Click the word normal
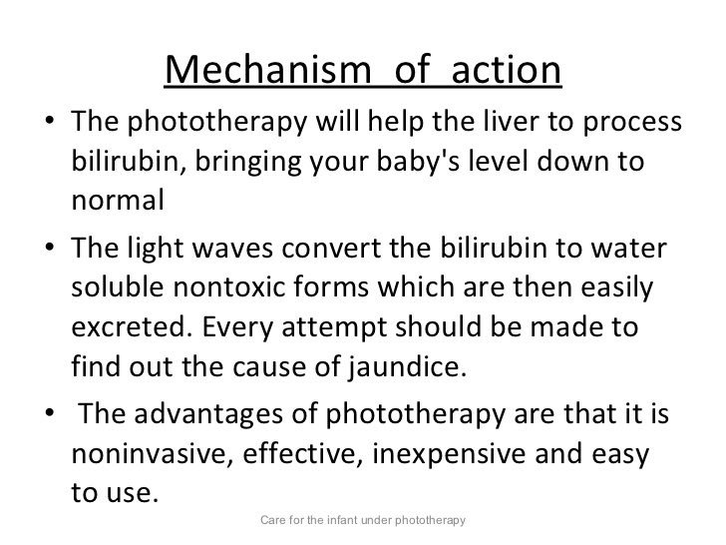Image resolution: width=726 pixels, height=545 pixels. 117,200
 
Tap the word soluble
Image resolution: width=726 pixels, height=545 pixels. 121,289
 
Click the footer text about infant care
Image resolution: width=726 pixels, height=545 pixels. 362,521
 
